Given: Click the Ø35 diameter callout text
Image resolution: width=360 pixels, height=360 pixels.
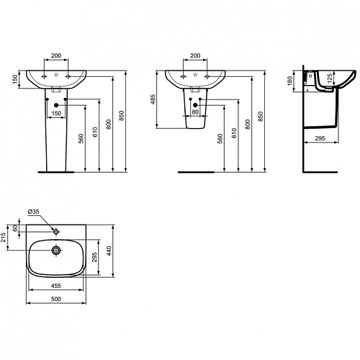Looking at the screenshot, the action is [34, 212].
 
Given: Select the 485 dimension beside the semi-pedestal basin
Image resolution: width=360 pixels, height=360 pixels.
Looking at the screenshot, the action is [153, 99].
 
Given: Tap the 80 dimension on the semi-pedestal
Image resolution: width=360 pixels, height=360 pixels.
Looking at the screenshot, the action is [195, 112].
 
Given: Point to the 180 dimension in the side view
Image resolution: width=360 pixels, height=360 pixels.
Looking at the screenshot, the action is [289, 81].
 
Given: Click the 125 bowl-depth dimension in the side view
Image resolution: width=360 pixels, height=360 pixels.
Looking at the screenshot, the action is [330, 78].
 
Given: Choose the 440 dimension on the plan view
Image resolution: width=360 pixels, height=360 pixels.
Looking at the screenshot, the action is [109, 251].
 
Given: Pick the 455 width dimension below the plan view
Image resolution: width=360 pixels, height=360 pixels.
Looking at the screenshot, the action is [56, 286].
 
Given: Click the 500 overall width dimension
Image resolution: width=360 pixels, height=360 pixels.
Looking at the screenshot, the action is [56, 299].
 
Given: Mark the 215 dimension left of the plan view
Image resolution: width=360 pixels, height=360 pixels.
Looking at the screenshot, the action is [4, 238].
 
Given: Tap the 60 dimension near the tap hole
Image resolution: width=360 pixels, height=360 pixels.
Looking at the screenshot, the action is [15, 228].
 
